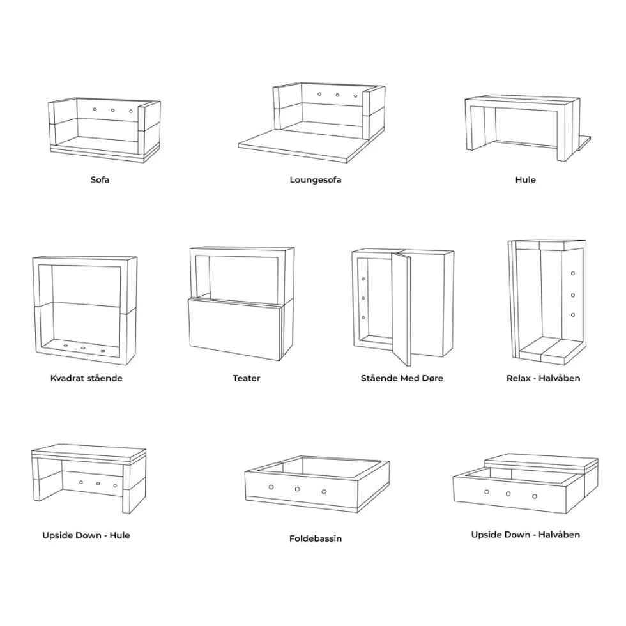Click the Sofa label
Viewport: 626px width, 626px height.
pyautogui.click(x=100, y=179)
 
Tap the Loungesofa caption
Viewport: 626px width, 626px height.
pyautogui.click(x=316, y=180)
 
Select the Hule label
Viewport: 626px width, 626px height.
pyautogui.click(x=525, y=179)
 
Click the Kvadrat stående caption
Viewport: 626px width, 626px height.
pyautogui.click(x=86, y=378)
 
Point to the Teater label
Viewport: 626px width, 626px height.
pyautogui.click(x=247, y=378)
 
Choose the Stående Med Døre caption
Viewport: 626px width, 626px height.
pyautogui.click(x=402, y=378)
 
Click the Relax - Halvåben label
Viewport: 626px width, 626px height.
pyautogui.click(x=544, y=378)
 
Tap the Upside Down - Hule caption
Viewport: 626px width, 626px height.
pyautogui.click(x=86, y=535)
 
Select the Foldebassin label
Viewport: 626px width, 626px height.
pyautogui.click(x=316, y=538)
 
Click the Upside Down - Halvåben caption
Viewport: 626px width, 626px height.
pyautogui.click(x=525, y=535)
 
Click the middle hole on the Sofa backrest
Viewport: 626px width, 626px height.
pyautogui.click(x=113, y=110)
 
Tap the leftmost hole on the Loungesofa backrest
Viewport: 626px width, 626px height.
pyautogui.click(x=319, y=95)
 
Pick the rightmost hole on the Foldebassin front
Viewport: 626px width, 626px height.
pyautogui.click(x=324, y=491)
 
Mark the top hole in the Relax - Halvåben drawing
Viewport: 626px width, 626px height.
pyautogui.click(x=573, y=273)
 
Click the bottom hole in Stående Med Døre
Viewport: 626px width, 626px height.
pyautogui.click(x=363, y=318)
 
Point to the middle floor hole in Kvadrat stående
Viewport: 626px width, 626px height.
pyautogui.click(x=83, y=348)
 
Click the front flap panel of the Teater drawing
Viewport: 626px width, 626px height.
pyautogui.click(x=236, y=330)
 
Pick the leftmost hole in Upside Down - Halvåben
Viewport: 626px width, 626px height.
pyautogui.click(x=487, y=492)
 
